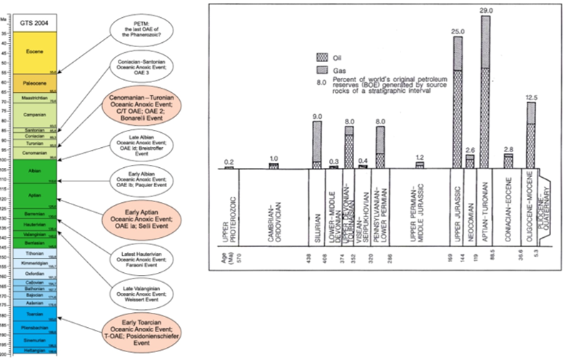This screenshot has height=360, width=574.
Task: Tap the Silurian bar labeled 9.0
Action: (316, 144)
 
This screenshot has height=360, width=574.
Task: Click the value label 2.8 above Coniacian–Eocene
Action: (508, 148)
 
